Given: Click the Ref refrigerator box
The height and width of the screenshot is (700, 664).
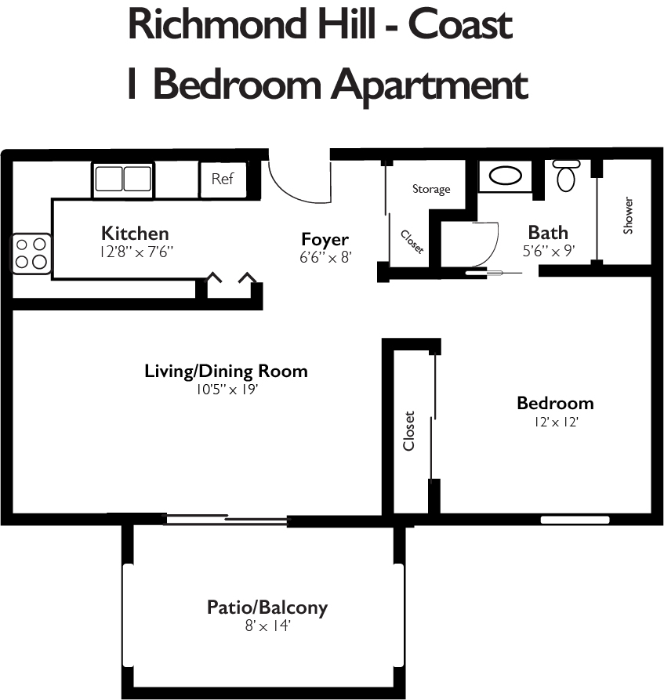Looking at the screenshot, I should [223, 179].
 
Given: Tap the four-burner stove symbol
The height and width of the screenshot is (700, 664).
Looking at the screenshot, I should [31, 254].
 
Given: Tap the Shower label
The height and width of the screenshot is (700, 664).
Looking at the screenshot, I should [628, 216].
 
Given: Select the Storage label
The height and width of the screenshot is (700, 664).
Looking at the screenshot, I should [431, 189].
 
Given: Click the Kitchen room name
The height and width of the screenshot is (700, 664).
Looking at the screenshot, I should [135, 233].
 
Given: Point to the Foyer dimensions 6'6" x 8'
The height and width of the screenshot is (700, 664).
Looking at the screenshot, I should [325, 256].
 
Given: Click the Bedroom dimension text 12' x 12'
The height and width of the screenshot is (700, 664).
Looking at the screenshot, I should [555, 422].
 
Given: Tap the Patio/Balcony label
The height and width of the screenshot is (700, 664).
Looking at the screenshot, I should [267, 607].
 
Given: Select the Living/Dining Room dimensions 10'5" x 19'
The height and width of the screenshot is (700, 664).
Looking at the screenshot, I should [226, 389].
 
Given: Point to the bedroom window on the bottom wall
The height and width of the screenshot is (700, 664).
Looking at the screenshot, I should [575, 519].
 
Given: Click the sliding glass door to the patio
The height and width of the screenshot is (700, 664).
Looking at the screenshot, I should [227, 518].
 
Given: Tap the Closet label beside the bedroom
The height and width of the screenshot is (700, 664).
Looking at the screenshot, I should [408, 431].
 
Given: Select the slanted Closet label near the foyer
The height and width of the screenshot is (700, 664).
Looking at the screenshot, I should [412, 241].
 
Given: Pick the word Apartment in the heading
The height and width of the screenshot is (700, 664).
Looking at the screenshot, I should [430, 84].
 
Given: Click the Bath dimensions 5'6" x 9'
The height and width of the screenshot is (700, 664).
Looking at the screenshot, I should [548, 251].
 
